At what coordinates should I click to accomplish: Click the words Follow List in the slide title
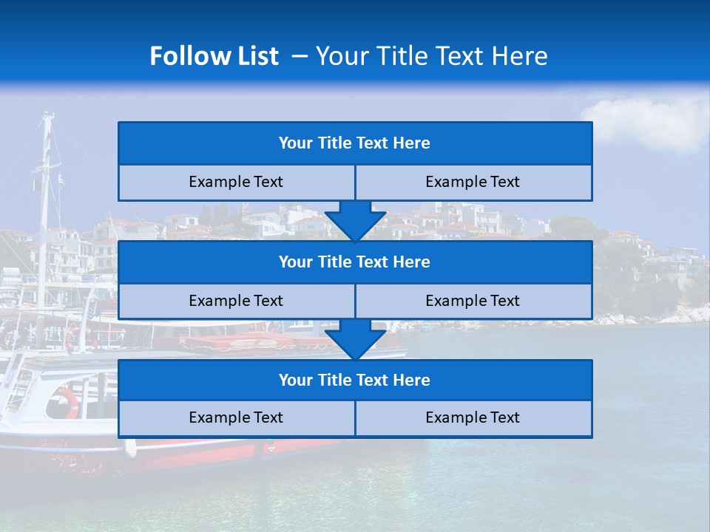tap(214, 56)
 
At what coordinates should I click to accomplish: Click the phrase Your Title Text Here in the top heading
tap(432, 56)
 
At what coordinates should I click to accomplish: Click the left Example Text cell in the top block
tap(236, 183)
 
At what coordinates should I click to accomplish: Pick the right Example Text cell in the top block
tap(473, 183)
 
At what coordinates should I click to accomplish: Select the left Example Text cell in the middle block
tap(236, 301)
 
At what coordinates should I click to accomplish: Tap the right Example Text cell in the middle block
tap(473, 301)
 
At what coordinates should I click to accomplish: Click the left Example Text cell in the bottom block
tap(236, 418)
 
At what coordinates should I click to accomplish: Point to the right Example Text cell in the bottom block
tap(473, 418)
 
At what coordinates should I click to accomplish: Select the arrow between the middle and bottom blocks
tap(355, 339)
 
